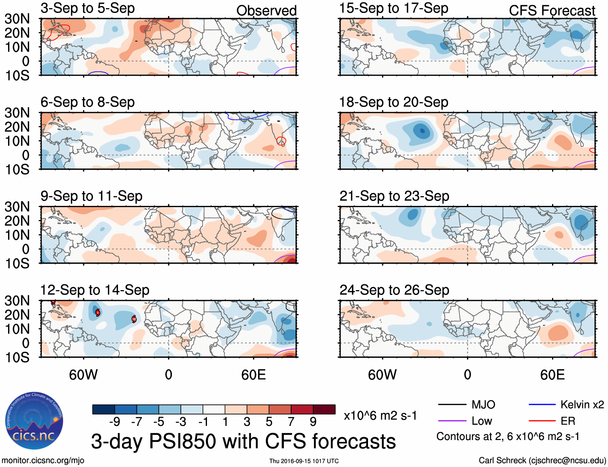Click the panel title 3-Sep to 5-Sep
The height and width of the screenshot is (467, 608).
pos(87,8)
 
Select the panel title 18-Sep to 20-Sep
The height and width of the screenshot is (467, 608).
pos(393,102)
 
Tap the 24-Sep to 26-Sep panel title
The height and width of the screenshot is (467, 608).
pos(394,290)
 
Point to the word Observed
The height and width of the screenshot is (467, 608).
pos(266,11)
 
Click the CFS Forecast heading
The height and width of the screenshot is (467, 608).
pos(552,11)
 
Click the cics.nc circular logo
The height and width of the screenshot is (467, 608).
pos(34,421)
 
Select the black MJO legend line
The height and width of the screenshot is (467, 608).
pos(452,405)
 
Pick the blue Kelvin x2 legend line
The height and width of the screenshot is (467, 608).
pos(542,405)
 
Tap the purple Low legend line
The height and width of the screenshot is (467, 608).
pos(452,421)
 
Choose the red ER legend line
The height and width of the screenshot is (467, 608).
pos(542,421)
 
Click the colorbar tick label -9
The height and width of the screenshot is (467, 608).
pos(114,422)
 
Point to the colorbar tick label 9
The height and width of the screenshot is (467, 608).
pos(313,422)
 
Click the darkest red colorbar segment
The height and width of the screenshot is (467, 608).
pos(324,409)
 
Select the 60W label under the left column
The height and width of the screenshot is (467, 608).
pos(83,375)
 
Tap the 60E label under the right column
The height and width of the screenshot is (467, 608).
pos(552,375)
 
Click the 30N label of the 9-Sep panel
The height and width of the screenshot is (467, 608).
pos(17,207)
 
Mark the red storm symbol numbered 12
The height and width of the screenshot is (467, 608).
pos(134,319)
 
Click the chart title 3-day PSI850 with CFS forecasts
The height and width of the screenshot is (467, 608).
pos(243,441)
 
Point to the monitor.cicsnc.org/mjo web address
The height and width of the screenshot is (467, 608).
pos(43,461)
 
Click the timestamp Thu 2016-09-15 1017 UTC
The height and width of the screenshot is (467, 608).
pos(304,461)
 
